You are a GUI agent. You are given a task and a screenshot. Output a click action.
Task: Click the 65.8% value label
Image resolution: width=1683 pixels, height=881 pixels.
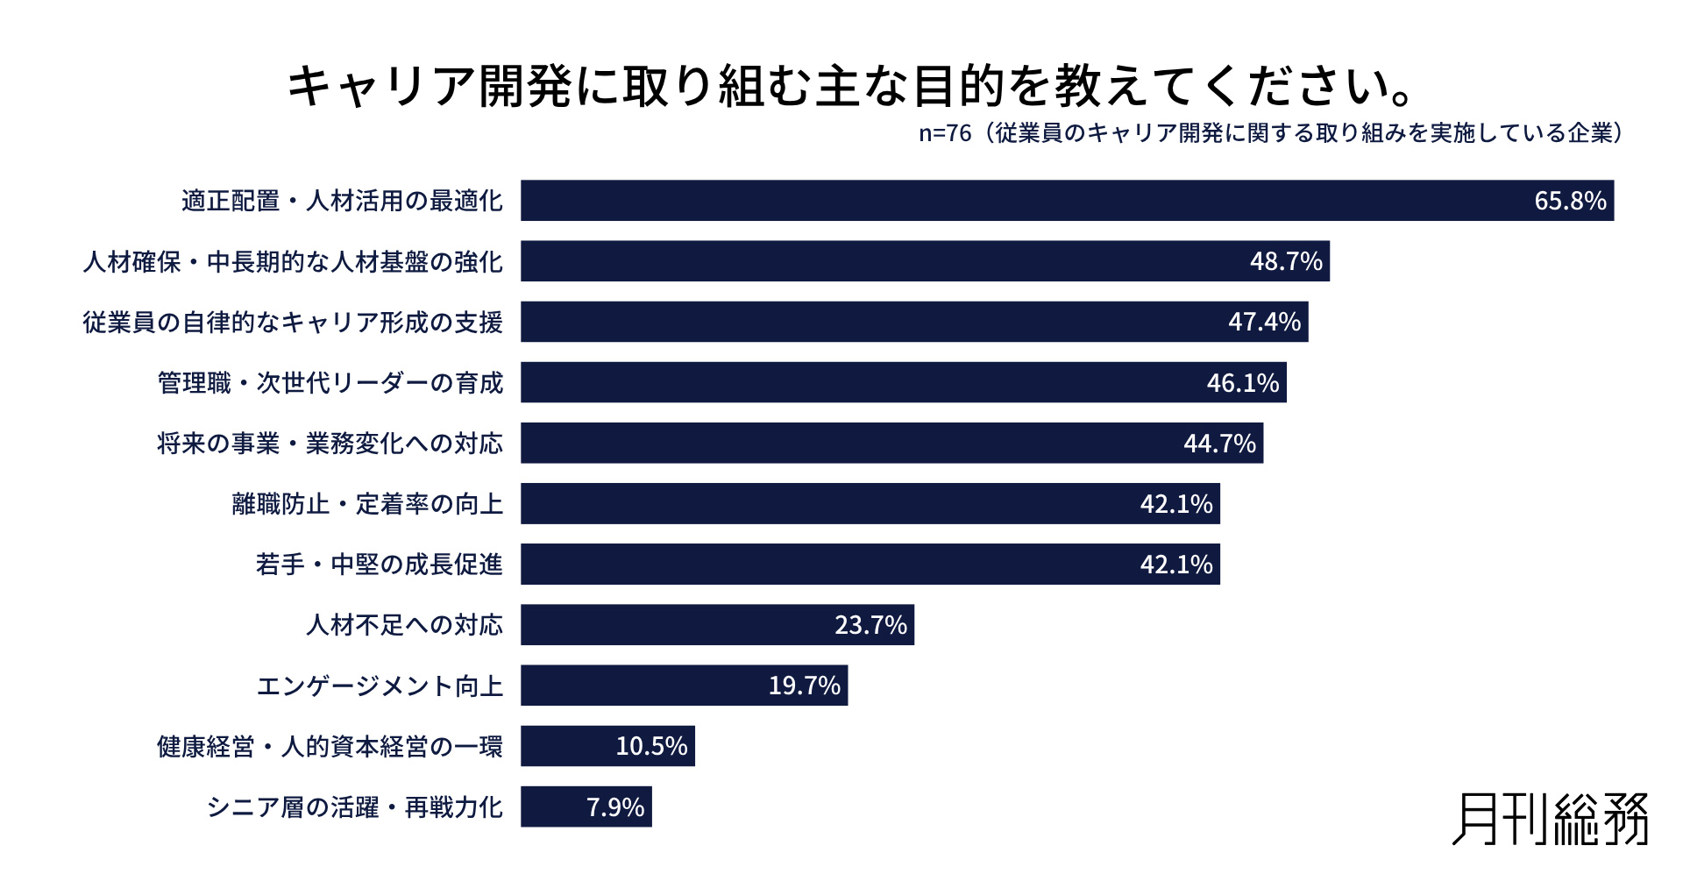[1569, 201]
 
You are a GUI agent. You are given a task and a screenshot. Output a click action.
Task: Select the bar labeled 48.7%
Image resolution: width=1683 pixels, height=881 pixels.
[925, 261]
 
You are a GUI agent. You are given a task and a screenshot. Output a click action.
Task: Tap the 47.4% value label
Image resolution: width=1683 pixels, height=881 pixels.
[1264, 322]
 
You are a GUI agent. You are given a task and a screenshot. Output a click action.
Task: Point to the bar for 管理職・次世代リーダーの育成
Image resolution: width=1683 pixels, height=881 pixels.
[903, 382]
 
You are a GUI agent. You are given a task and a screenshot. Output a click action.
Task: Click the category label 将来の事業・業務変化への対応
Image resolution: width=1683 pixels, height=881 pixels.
[330, 444]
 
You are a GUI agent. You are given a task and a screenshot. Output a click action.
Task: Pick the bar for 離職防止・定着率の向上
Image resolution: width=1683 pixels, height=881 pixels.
[870, 504]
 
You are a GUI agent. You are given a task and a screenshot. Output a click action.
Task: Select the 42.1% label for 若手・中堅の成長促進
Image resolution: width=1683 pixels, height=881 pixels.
[1175, 565]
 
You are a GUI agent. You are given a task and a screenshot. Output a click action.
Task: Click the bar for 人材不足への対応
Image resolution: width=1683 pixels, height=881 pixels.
[717, 625]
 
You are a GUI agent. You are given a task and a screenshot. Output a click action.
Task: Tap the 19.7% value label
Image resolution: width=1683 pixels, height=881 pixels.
[804, 686]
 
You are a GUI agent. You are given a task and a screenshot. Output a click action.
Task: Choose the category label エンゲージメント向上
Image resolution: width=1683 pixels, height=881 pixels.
[380, 686]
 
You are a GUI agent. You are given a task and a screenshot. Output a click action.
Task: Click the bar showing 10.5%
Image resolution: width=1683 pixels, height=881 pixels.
[607, 746]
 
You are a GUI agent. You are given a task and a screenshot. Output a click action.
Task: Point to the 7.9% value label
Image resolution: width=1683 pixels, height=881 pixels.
[614, 806]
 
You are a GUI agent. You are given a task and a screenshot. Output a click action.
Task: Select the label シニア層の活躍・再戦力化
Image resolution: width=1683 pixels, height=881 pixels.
[354, 806]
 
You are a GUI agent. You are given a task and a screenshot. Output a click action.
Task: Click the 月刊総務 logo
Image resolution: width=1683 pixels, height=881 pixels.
[1550, 820]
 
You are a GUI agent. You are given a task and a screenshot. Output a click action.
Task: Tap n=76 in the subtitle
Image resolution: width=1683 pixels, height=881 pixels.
[945, 133]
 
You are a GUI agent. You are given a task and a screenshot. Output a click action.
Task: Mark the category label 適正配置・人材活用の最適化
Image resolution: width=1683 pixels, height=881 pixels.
[342, 201]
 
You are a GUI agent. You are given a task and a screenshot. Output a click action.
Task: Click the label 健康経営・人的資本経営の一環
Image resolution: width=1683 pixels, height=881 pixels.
[330, 746]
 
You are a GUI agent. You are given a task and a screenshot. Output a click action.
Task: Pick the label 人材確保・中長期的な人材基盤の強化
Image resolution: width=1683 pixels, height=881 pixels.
[293, 261]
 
